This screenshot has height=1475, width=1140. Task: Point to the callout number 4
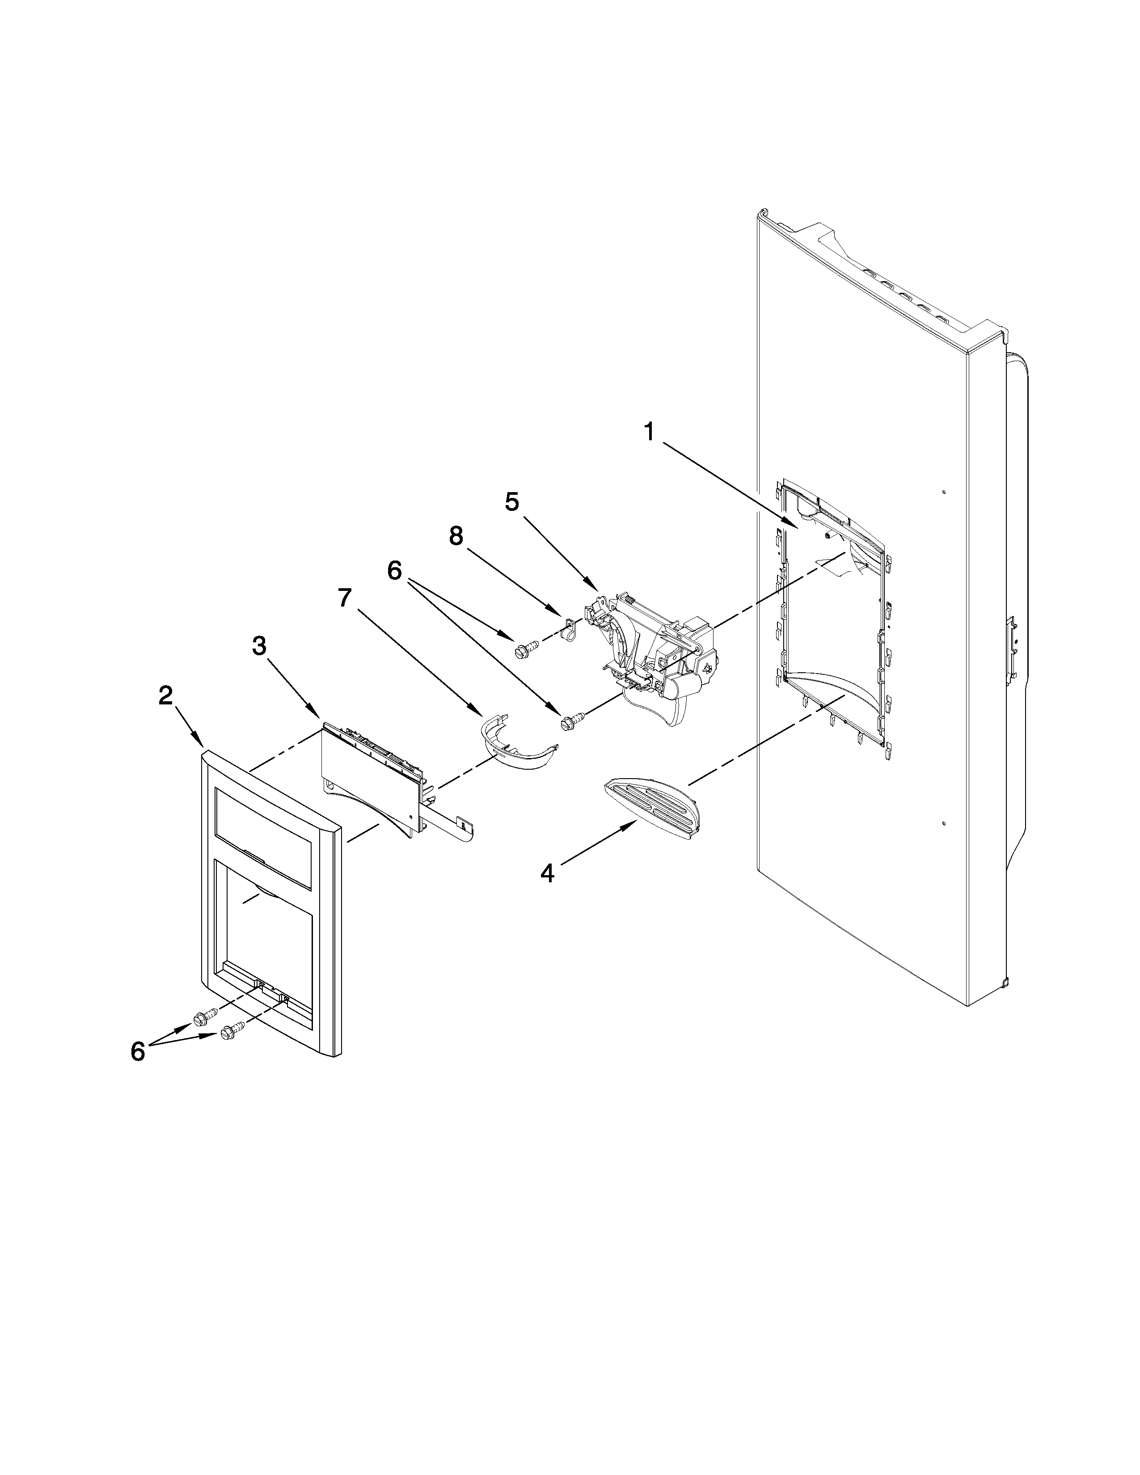(547, 874)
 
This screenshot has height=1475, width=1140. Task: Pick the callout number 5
(512, 502)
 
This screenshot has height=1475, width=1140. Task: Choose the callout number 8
(456, 536)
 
